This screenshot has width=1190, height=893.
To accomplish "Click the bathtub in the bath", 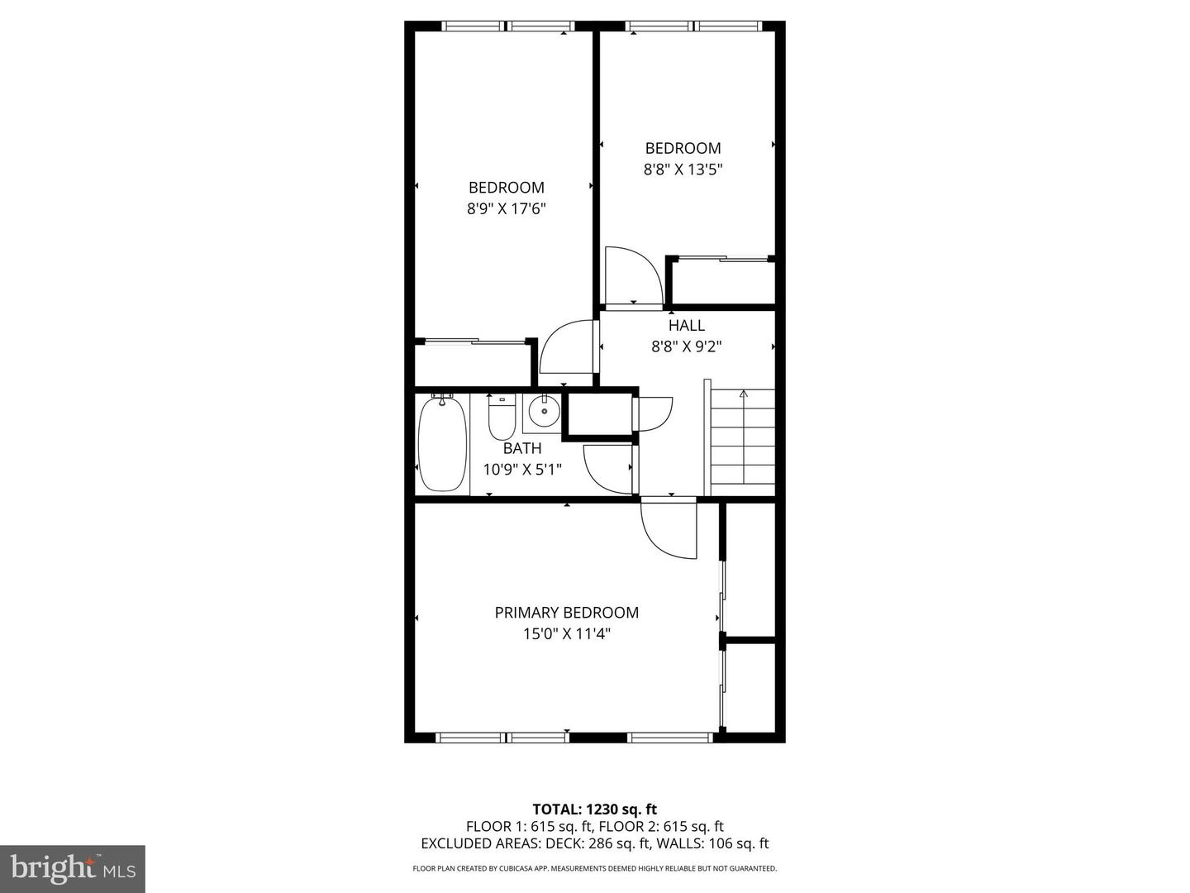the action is pos(442,445).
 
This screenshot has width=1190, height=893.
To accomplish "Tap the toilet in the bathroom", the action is pos(502,418).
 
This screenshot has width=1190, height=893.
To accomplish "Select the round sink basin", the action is pos(544,412).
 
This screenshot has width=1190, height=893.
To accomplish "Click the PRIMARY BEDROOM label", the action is pos(567,613).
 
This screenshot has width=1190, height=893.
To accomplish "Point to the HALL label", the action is pos(687,325).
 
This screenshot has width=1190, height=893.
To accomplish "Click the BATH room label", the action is pos(522,448).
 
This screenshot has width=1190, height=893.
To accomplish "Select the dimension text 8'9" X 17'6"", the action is pos(507,208).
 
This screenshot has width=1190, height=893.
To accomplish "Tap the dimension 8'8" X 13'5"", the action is pos(683,170).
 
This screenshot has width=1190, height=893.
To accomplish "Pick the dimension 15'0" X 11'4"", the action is pos(567,634).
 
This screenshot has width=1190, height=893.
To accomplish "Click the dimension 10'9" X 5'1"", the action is pos(522,470).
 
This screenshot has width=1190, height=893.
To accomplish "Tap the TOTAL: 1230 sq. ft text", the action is pos(595,809).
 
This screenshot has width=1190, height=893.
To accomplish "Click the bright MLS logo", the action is pos(73,868).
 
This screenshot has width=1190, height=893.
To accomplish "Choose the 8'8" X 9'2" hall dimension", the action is pos(687,346).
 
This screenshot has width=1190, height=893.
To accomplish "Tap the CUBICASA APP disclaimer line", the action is pos(595,868).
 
